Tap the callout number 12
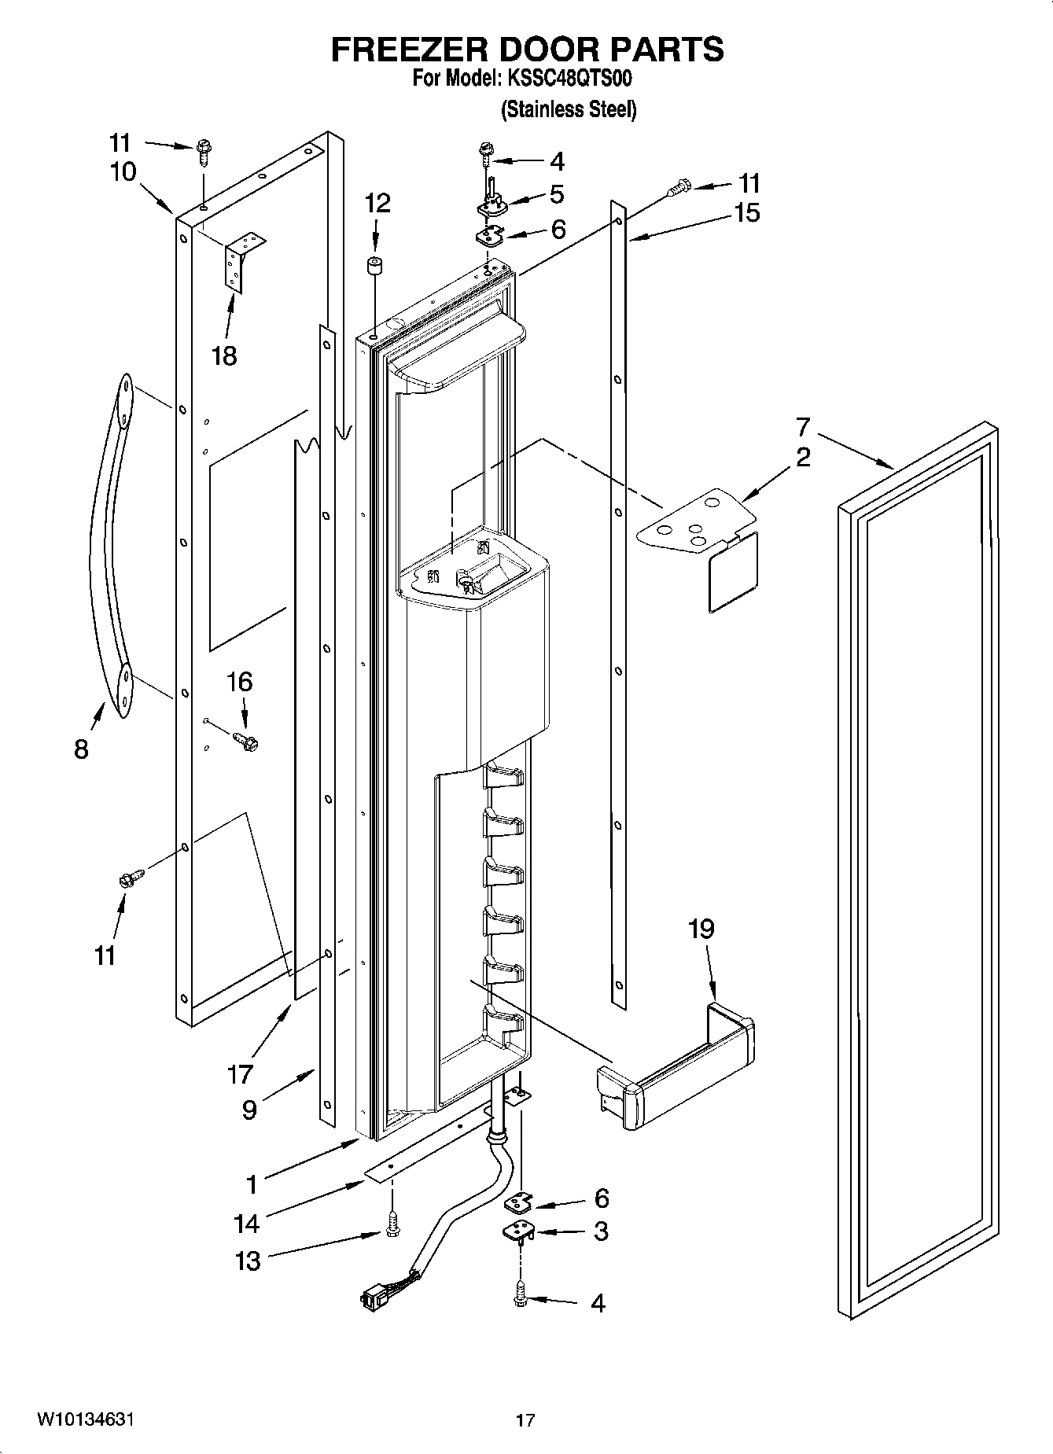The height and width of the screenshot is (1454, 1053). point(377,204)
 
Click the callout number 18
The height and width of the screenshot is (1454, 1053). point(224,355)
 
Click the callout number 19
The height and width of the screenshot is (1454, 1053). point(701,929)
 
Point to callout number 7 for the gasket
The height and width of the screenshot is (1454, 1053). point(802,428)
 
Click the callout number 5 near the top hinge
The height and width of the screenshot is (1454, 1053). point(557,193)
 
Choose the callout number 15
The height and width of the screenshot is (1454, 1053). point(747,212)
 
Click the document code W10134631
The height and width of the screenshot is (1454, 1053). point(86,1419)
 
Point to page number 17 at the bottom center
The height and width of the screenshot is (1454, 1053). point(525,1420)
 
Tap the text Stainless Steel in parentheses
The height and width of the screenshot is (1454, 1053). point(569,109)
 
